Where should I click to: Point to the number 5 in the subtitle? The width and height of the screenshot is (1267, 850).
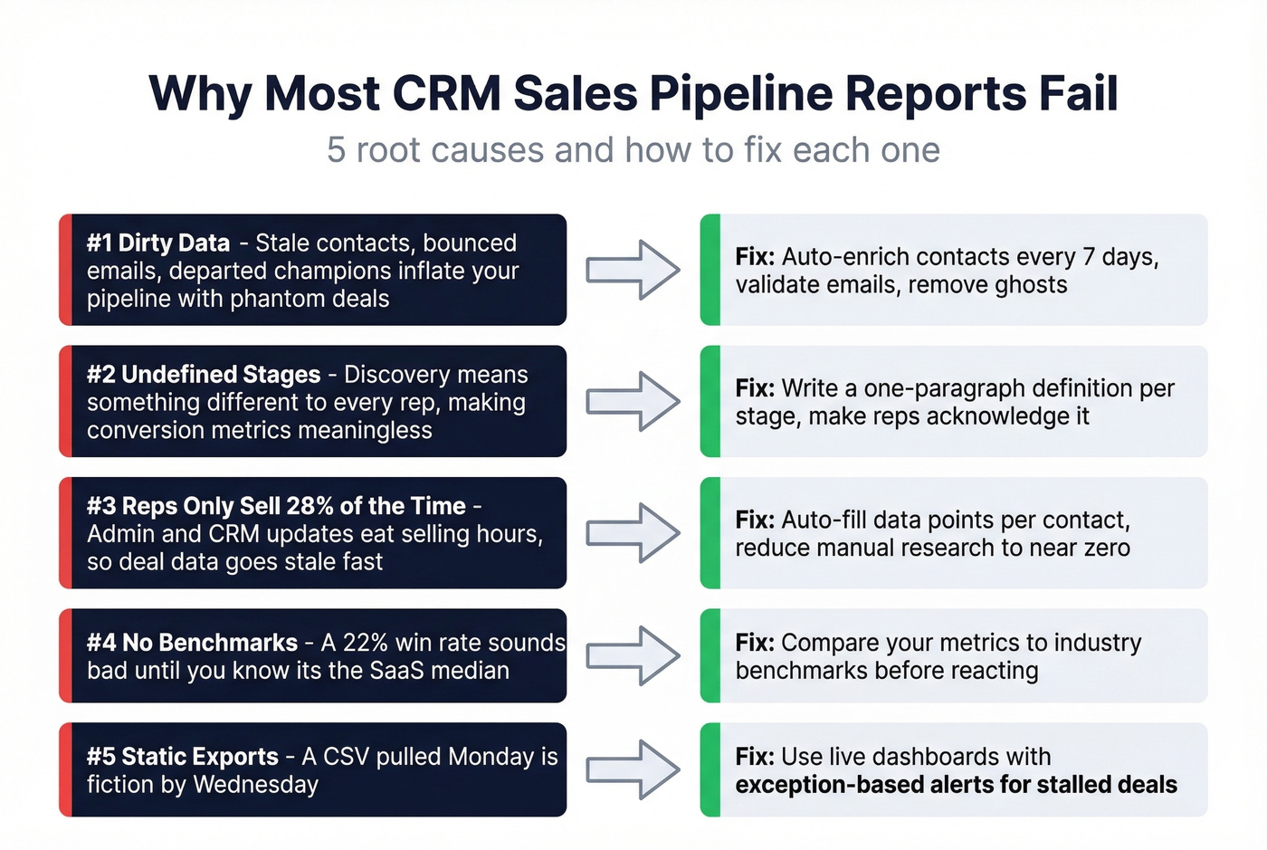[x=336, y=150]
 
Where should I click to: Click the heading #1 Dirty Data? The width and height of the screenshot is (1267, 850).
[x=158, y=243]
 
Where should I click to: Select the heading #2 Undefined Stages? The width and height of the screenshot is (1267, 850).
[x=204, y=375]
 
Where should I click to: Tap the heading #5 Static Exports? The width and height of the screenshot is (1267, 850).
[x=183, y=757]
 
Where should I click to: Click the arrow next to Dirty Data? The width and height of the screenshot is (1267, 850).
[x=633, y=270]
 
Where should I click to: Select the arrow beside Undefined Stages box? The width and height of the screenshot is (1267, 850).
[x=633, y=401]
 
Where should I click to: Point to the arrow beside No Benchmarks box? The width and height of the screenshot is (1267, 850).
[x=633, y=655]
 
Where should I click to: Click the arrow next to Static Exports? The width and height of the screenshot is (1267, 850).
[x=633, y=769]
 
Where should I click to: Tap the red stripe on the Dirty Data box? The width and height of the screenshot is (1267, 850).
[x=65, y=270]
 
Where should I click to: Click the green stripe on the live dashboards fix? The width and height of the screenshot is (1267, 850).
[x=710, y=769]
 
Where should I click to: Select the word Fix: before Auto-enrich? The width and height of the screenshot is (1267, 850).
[x=755, y=257]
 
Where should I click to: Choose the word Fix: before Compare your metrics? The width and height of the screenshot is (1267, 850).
[x=755, y=643]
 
